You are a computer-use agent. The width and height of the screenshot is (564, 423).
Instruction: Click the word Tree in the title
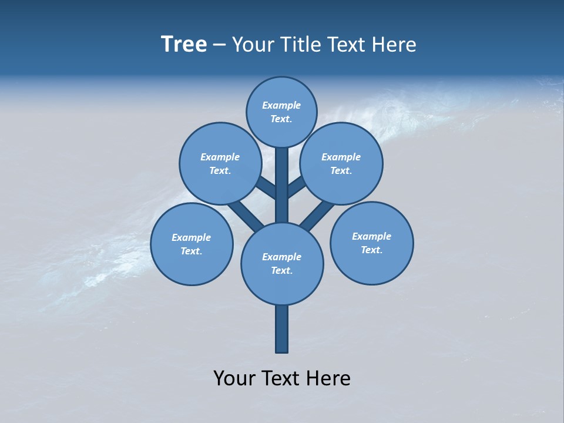pyautogui.click(x=184, y=45)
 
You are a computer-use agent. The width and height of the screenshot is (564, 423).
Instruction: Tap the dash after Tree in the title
pyautogui.click(x=219, y=45)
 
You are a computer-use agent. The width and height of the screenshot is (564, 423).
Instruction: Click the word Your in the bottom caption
pyautogui.click(x=234, y=378)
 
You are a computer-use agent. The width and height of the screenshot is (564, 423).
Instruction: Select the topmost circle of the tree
pyautogui.click(x=281, y=112)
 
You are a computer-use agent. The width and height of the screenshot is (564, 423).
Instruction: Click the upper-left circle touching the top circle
pyautogui.click(x=220, y=163)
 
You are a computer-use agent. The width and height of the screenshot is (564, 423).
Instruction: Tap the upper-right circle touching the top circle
pyautogui.click(x=341, y=163)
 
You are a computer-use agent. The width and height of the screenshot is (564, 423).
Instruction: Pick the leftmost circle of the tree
pyautogui.click(x=192, y=244)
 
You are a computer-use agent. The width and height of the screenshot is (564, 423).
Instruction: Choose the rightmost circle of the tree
pyautogui.click(x=372, y=243)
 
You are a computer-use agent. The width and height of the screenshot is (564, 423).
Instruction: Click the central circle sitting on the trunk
pyautogui.click(x=282, y=263)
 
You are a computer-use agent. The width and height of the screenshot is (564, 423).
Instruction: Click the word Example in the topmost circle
pyautogui.click(x=281, y=105)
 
